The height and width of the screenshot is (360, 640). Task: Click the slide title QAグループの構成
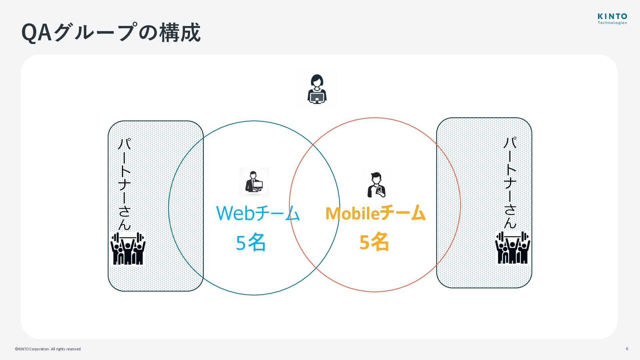click(x=111, y=33)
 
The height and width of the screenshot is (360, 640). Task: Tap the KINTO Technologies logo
click(x=612, y=19)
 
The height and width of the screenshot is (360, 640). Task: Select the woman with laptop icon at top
click(x=317, y=89)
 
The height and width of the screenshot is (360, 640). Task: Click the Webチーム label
click(x=258, y=213)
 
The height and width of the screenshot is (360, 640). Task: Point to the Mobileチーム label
click(x=375, y=213)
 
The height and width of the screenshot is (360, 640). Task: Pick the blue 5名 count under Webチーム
click(x=251, y=242)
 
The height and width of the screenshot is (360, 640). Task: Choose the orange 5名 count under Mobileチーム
click(x=374, y=242)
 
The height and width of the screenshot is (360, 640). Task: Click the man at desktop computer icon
click(x=254, y=182)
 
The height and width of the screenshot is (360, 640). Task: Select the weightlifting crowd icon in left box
click(x=128, y=249)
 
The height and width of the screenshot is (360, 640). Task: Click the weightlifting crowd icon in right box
click(x=512, y=248)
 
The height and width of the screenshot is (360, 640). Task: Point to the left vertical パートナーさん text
click(x=125, y=184)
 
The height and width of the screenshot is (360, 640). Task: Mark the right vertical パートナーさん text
click(x=510, y=183)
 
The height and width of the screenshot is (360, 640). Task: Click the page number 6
click(x=627, y=349)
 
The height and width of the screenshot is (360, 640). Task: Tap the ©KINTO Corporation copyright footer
click(x=48, y=349)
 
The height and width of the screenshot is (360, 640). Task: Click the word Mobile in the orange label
click(x=352, y=213)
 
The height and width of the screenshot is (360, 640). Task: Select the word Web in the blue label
click(x=235, y=213)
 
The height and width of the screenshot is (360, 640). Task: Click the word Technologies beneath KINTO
click(x=612, y=23)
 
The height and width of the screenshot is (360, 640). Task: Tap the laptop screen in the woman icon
click(x=317, y=97)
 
